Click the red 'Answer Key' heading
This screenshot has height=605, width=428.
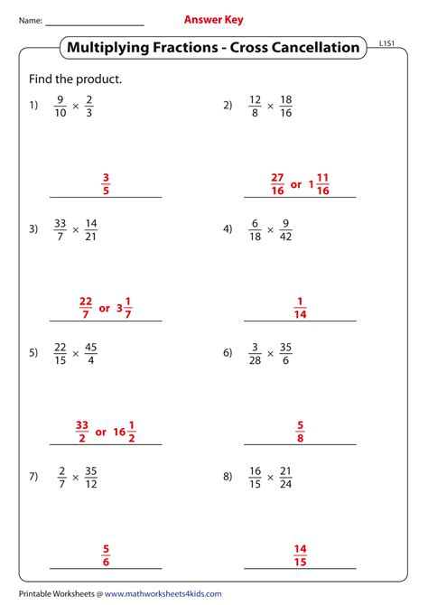[x=213, y=19]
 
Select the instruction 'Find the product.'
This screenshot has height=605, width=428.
[x=75, y=79]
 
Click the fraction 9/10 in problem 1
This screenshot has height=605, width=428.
[x=60, y=106]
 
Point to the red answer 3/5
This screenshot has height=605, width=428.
[x=106, y=183]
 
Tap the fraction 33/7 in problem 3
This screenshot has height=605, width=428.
[x=60, y=229]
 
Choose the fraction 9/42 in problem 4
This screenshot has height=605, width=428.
[x=286, y=229]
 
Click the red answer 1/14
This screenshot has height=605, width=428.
[x=301, y=308]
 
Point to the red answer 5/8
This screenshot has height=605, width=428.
[x=300, y=431]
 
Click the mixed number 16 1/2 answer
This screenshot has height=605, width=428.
[x=126, y=432]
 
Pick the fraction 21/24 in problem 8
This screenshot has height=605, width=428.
[x=286, y=476]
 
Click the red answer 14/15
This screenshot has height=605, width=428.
[x=301, y=554]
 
